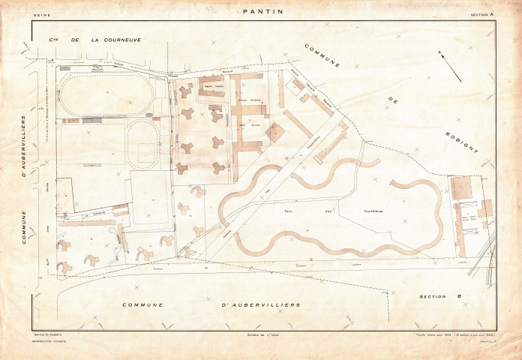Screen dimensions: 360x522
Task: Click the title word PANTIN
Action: coord(261,12)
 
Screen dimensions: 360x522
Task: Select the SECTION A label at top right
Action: coord(482,14)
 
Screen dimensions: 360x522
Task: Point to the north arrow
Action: coord(451,67)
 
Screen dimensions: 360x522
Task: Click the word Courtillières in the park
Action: coord(368,212)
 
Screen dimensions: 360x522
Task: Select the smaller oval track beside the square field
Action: coord(142,142)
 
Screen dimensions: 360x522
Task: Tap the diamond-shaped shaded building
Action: coord(275,131)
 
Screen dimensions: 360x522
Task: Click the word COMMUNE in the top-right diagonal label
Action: coord(322,55)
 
